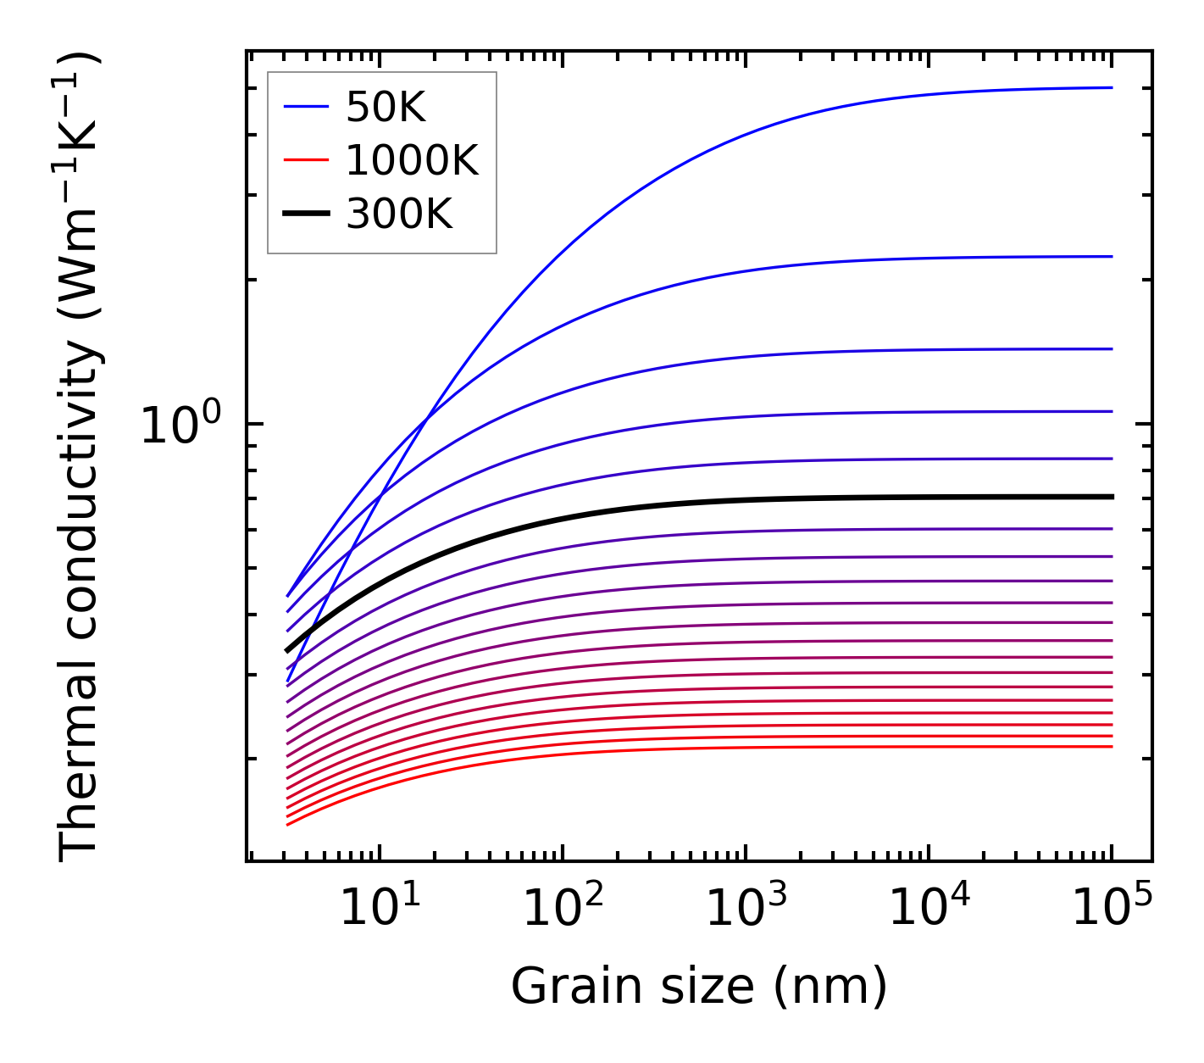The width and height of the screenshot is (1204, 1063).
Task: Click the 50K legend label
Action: click(386, 108)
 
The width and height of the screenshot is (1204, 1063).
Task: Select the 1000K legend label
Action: click(412, 161)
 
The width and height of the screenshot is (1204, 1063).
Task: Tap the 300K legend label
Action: click(399, 214)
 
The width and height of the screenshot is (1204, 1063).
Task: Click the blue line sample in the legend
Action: click(305, 107)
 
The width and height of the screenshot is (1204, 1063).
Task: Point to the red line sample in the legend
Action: click(305, 160)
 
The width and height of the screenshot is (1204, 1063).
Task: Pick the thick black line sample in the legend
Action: click(305, 214)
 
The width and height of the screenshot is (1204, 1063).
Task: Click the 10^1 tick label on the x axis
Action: click(380, 910)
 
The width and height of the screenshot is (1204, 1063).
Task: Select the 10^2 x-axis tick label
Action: click(563, 910)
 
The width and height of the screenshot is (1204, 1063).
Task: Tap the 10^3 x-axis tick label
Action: click(746, 910)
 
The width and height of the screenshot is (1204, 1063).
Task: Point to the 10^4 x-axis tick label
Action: click(929, 910)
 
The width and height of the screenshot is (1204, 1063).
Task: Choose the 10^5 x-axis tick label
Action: click(1112, 910)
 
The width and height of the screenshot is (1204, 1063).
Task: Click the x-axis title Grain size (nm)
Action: click(699, 987)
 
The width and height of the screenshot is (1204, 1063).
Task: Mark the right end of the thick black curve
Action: click(1111, 497)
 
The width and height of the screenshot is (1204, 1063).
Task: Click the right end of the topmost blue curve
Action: click(1111, 87)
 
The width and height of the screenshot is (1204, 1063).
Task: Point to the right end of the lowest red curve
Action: click(1111, 746)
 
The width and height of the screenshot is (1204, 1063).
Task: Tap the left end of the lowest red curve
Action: click(288, 824)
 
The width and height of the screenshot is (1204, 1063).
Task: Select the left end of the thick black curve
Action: click(288, 651)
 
